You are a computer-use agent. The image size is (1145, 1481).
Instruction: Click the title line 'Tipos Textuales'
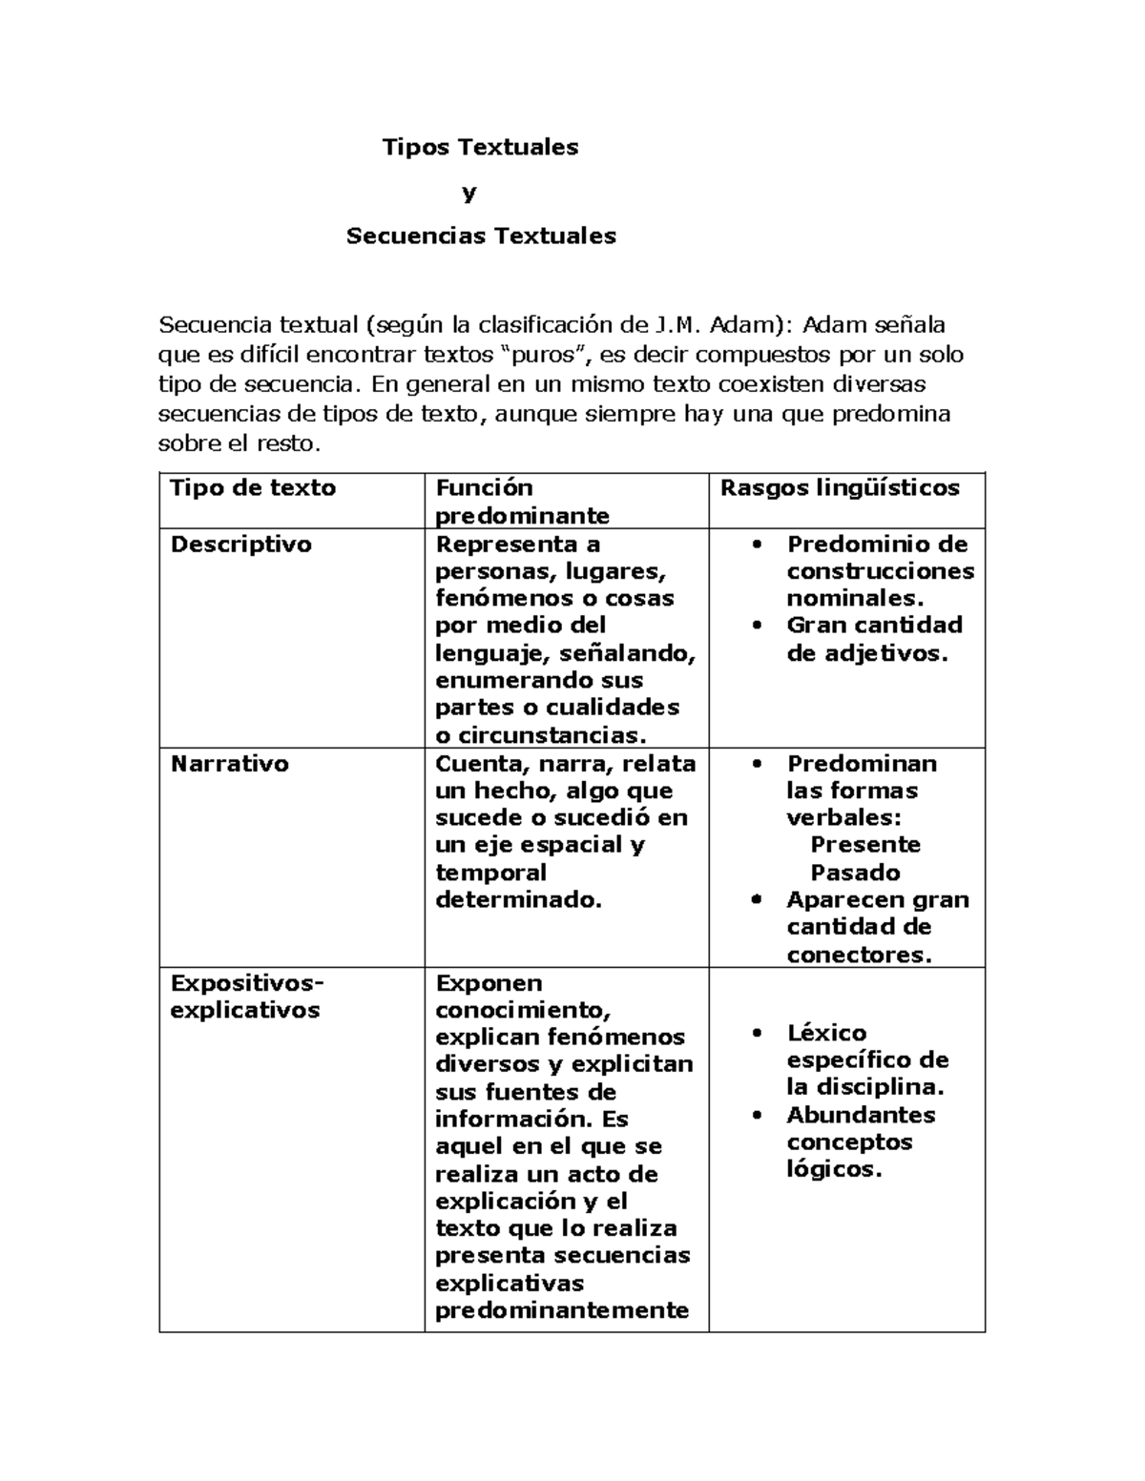(480, 147)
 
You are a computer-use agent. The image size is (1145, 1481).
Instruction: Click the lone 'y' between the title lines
(468, 193)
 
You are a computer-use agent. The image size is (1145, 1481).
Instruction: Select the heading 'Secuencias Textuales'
(481, 236)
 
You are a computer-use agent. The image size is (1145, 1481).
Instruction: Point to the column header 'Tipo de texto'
(253, 488)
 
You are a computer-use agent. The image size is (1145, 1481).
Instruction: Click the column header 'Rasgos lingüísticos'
(840, 488)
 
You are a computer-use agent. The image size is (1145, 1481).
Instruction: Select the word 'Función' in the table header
(484, 488)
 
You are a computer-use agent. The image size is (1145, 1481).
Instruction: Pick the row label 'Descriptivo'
(240, 545)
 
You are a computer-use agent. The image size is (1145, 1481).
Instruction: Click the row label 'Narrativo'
(229, 764)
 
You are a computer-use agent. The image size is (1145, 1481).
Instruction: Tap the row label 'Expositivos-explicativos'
(246, 997)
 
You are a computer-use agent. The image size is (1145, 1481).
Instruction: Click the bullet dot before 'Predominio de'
(758, 545)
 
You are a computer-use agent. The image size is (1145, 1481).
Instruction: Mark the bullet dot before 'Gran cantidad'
(758, 626)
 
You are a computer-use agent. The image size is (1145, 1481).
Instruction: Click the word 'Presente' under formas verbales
(865, 845)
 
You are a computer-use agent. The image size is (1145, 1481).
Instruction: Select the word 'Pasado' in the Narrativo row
(855, 873)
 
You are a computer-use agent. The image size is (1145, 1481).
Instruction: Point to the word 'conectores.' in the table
(859, 955)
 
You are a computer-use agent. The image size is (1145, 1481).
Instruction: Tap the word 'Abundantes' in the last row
(861, 1115)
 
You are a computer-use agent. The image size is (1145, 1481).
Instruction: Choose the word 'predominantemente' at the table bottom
(562, 1310)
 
